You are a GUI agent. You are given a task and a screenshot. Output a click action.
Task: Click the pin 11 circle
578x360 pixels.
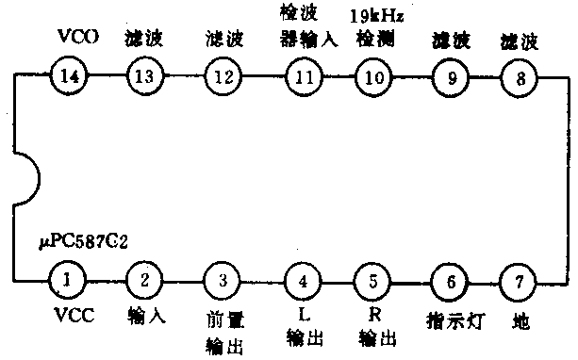(x=303, y=77)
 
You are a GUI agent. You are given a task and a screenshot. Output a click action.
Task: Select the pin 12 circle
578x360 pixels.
(x=223, y=77)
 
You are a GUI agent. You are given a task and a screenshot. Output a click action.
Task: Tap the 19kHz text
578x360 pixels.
(x=376, y=16)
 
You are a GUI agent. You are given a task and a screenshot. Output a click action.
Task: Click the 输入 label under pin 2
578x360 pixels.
(x=144, y=315)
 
